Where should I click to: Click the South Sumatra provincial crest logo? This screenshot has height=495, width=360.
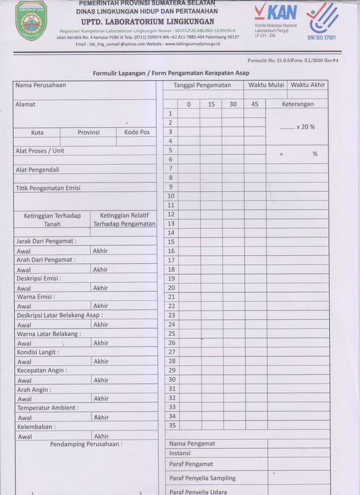(32, 20)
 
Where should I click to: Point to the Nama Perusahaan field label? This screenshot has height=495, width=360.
(41, 85)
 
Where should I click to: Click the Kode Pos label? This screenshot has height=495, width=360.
(137, 132)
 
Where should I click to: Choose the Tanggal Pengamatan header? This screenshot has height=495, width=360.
(202, 85)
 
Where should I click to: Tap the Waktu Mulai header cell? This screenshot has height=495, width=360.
(266, 85)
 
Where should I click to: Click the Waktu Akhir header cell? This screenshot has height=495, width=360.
(308, 85)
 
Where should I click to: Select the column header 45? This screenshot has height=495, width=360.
(255, 104)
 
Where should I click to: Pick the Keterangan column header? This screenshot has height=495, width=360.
(298, 104)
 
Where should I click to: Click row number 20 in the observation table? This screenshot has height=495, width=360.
(171, 288)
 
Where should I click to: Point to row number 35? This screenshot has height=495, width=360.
(171, 425)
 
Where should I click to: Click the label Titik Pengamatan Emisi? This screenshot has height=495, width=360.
(48, 188)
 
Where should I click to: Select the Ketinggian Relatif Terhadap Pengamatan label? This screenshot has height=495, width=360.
(124, 219)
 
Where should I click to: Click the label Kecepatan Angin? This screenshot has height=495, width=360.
(42, 371)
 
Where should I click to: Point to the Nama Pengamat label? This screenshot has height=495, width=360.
(192, 444)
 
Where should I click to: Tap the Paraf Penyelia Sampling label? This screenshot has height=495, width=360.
(202, 478)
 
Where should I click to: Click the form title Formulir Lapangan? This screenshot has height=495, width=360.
(171, 73)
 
